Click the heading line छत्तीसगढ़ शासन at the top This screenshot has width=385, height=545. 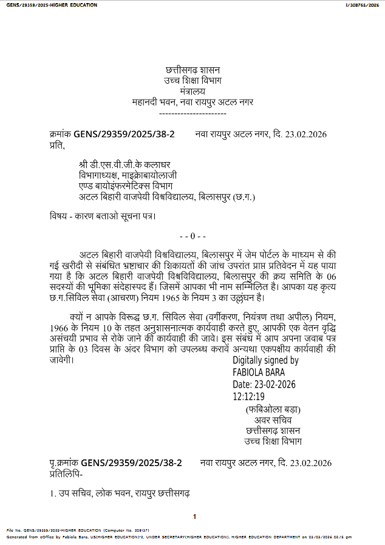click(192, 71)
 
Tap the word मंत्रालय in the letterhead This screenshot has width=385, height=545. click(192, 92)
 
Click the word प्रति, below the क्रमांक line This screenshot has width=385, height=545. click(56, 146)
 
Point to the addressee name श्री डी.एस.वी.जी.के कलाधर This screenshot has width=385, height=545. click(124, 165)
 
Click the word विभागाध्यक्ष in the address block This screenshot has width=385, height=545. click(100, 175)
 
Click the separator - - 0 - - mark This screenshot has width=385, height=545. click(194, 235)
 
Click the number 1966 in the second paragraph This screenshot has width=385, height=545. click(61, 328)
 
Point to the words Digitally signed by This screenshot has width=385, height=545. click(265, 361)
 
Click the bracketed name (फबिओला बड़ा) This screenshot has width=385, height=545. click(273, 409)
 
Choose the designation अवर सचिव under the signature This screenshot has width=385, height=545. click(273, 420)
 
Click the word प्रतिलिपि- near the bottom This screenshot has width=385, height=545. click(66, 473)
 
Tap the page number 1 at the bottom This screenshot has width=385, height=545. click(195, 516)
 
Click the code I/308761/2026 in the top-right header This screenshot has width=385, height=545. click(362, 5)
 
